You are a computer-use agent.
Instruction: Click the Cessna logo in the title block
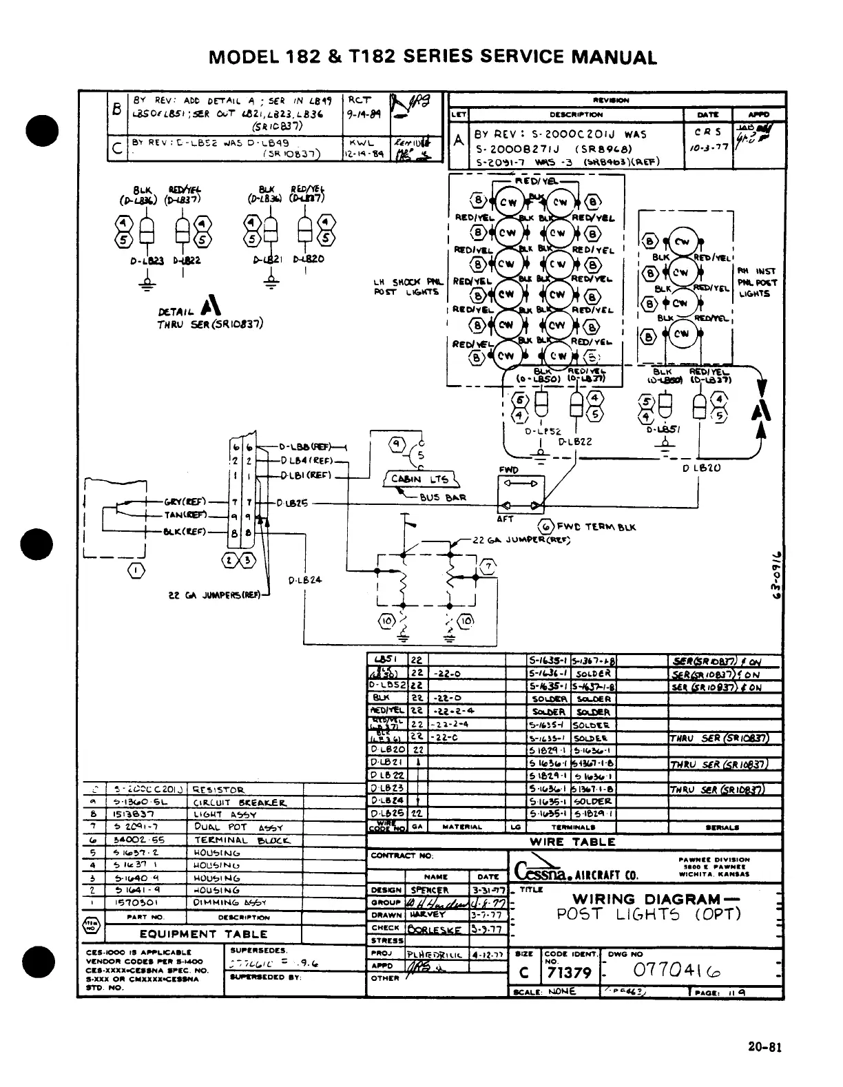coord(537,872)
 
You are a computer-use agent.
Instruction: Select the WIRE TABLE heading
coord(572,842)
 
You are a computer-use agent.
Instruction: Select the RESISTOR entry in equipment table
coord(218,790)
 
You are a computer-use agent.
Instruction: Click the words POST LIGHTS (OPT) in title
coord(648,914)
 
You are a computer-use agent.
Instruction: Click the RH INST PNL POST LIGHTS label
coord(757,282)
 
